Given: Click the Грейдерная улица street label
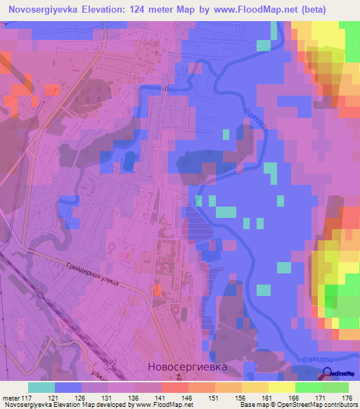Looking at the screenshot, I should pos(89,272).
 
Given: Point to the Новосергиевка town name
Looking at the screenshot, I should pos(189,366).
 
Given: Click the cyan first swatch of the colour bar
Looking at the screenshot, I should pos(41,387).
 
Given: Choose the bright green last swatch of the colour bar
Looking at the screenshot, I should pos(335,387).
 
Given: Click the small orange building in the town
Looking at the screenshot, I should pos(157,290).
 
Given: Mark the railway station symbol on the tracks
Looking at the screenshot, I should pos(108,364).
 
